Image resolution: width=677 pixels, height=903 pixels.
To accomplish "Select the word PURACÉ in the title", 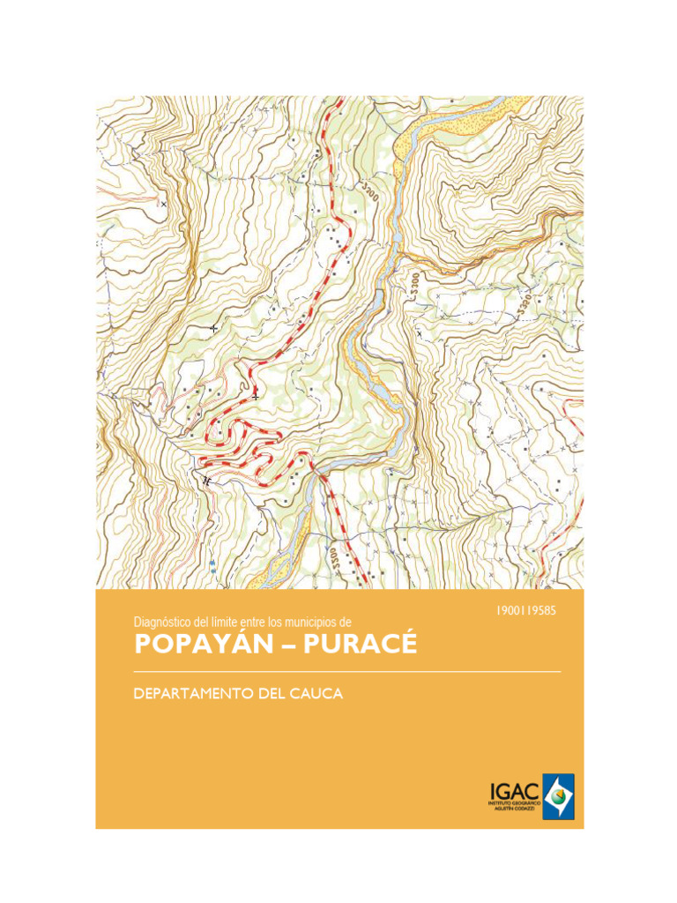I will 360,645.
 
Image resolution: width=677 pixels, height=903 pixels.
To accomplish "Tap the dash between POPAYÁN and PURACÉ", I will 288,646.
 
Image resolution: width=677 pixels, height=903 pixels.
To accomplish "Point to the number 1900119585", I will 527,609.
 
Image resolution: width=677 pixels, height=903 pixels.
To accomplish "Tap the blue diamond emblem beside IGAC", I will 558,796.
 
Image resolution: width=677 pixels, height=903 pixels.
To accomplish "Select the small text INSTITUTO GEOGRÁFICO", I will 513,803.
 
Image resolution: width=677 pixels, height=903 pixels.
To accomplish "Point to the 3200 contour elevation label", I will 370,191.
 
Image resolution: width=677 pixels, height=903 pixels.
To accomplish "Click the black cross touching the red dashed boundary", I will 256,396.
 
